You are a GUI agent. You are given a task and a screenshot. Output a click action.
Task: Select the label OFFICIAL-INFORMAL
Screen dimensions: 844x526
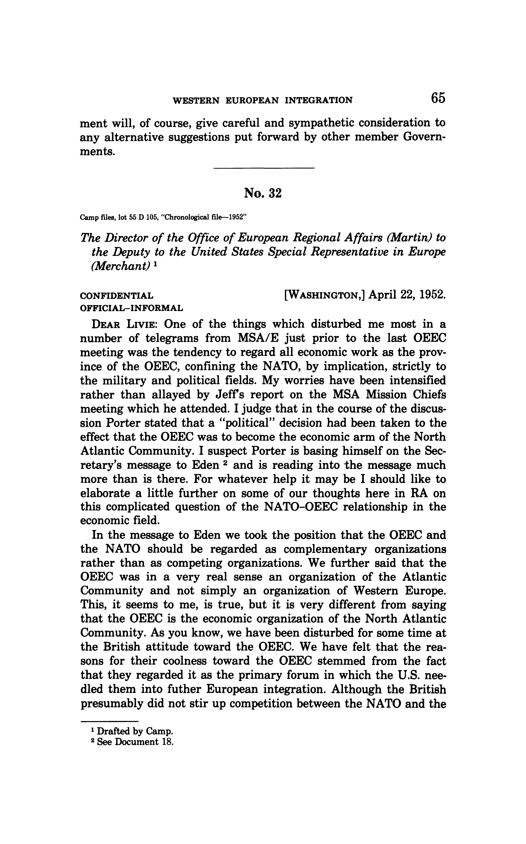pyautogui.click(x=131, y=308)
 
